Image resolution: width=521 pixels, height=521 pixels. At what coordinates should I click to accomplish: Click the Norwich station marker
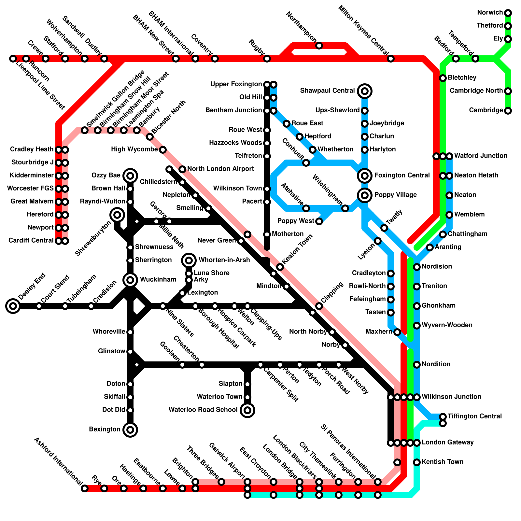pos(508,13)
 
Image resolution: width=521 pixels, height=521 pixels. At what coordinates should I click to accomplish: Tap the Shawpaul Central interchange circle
pos(365,91)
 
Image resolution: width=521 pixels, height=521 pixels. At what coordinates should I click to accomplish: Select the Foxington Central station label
pos(402,176)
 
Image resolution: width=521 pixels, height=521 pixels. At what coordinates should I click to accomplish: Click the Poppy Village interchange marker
pos(365,195)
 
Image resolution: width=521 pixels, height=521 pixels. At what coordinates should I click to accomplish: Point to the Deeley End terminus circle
pos(13,306)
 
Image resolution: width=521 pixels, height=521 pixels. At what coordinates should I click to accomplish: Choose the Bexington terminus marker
pos(130,430)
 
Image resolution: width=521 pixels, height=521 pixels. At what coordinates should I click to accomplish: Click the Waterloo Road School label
pos(203,410)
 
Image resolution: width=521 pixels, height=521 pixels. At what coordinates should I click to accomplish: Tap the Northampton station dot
pos(319,46)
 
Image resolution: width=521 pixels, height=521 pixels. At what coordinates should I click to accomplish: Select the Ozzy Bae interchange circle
pos(130,176)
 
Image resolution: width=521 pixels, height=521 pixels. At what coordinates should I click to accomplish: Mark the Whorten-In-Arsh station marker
pos(189,260)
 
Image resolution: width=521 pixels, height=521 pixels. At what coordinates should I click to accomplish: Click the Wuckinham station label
pos(158,280)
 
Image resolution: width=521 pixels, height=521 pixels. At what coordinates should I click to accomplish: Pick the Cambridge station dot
pos(508,111)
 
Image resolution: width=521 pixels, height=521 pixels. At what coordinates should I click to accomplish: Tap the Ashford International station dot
pos(85,488)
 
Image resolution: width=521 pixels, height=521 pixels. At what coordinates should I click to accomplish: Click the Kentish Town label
pos(442,462)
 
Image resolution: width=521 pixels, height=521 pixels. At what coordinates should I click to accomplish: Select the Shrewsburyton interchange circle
pos(117,215)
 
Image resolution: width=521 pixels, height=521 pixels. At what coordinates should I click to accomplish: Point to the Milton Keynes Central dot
pos(391,59)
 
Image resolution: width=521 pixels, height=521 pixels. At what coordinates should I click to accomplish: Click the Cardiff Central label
pos(31,241)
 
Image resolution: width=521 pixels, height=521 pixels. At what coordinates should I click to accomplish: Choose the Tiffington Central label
pos(475,416)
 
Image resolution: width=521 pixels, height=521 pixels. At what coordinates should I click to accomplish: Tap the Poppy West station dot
pos(319,221)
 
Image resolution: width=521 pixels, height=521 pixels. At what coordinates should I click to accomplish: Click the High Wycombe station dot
pos(163,150)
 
